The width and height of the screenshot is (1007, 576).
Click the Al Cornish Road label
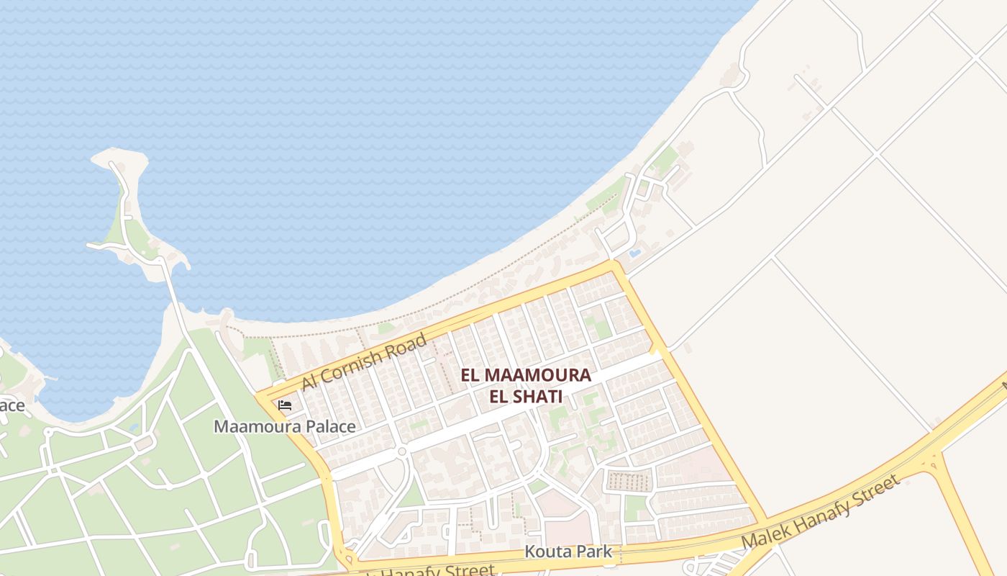click(364, 361)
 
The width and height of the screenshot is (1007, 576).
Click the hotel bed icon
click(285, 405)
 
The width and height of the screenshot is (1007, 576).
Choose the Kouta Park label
click(568, 552)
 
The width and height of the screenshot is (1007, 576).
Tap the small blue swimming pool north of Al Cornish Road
click(635, 253)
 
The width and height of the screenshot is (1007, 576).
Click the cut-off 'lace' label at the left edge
click(12, 405)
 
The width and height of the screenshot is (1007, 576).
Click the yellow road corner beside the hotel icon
click(260, 398)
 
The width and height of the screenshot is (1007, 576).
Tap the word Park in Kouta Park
click(594, 552)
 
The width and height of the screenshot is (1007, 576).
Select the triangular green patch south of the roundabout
click(412, 493)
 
